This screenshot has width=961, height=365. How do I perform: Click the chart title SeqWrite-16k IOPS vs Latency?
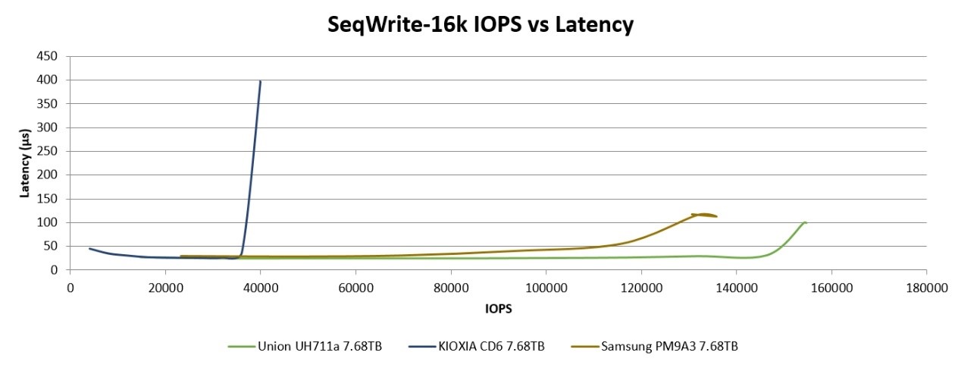point(480,24)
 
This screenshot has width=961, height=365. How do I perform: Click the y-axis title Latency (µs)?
point(25,162)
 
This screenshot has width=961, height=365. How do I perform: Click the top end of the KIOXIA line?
point(261,81)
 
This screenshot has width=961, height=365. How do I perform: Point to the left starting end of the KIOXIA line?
point(89,248)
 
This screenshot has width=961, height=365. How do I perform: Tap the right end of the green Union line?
point(806,222)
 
